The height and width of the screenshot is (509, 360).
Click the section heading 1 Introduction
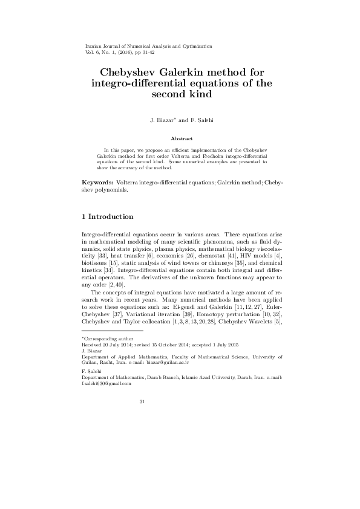107,216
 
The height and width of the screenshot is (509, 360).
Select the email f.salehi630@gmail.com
106,384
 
